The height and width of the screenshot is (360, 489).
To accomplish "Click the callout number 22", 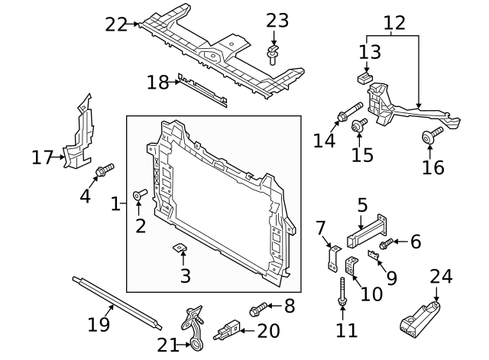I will tap(115, 24).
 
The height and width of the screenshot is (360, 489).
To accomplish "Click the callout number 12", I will tap(393, 24).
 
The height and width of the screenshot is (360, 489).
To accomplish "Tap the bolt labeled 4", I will tap(104, 169).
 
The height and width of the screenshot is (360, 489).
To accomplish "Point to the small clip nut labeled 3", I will tap(180, 247).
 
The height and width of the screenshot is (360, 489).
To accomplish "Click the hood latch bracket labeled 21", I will tap(193, 325).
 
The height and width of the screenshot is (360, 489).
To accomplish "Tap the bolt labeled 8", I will tap(257, 309).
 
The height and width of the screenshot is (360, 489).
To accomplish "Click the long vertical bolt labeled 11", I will tap(342, 291).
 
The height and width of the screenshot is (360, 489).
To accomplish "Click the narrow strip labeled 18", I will tap(201, 90).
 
